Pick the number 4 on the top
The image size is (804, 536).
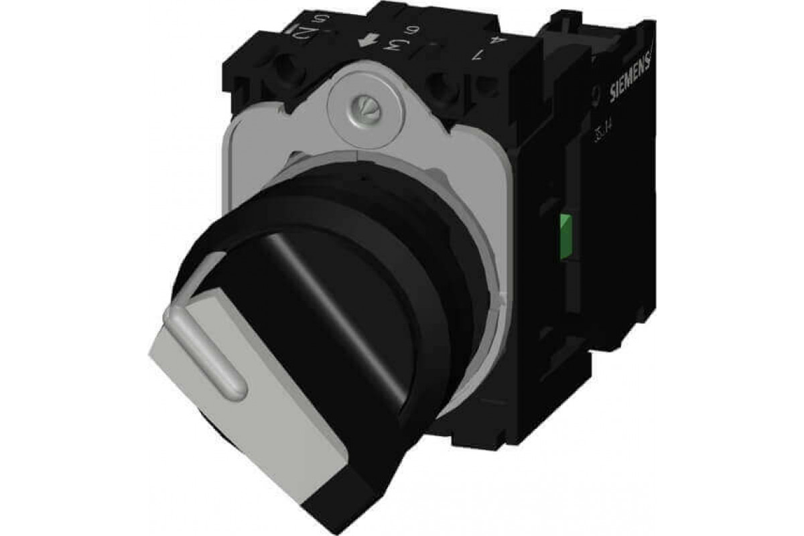click(496, 41)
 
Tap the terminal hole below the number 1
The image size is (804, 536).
click(442, 86)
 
